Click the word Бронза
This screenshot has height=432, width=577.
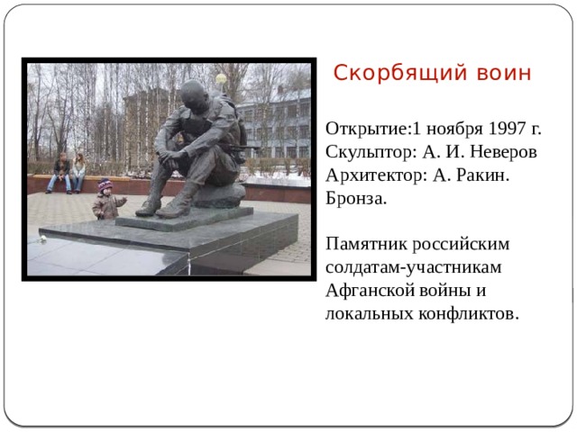pos(357,199)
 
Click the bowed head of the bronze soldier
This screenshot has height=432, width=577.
pos(193,95)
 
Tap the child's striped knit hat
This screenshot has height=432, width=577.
pos(105,185)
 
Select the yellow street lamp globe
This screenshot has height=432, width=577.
pos(220,79)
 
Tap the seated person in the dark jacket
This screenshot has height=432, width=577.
pos(60,171)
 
